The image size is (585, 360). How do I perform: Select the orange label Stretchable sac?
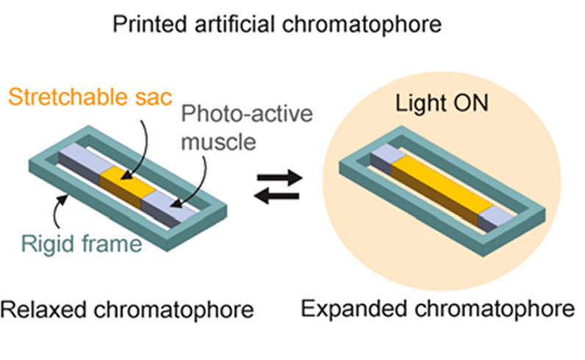click(x=87, y=96)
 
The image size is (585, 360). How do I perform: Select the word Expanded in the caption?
click(x=356, y=309)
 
